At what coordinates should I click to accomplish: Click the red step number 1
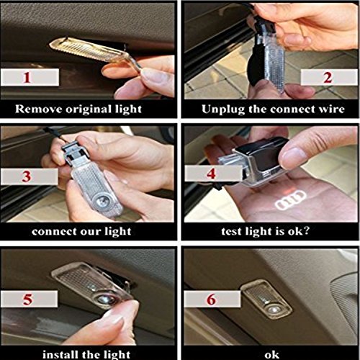coord(27,77)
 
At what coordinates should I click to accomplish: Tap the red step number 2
coord(328,77)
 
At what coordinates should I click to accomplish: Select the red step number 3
coord(27,176)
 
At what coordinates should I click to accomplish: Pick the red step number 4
coord(211,174)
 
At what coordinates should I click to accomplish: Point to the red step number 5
coord(27,300)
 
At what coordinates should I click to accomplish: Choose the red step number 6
coord(212,300)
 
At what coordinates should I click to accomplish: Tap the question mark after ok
coord(306,231)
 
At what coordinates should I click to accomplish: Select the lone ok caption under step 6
coord(272,355)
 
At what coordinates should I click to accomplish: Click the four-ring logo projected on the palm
coord(291,200)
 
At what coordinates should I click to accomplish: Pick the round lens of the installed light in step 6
coord(273,310)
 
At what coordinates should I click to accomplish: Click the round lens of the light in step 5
coord(104,299)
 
